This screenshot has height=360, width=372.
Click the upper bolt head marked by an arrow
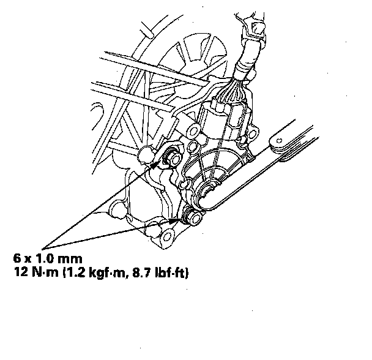click(x=174, y=159)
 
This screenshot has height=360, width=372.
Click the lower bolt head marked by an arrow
click(x=195, y=218)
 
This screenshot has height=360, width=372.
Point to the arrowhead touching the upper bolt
click(x=155, y=164)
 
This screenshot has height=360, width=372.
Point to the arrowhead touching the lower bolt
click(x=174, y=221)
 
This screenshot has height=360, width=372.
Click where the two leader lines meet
click(x=42, y=249)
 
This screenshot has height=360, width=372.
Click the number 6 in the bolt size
click(x=17, y=258)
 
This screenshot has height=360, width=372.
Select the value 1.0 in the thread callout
click(x=44, y=258)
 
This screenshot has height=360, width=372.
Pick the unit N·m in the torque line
click(x=45, y=272)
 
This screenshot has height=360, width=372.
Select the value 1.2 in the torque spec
click(x=75, y=272)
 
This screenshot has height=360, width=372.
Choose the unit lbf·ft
click(x=170, y=272)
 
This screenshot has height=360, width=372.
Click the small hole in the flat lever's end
click(x=280, y=141)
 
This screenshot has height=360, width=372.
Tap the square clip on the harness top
click(x=256, y=28)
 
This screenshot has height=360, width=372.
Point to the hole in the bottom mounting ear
click(x=168, y=236)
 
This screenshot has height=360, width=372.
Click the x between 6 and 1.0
click(x=28, y=260)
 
